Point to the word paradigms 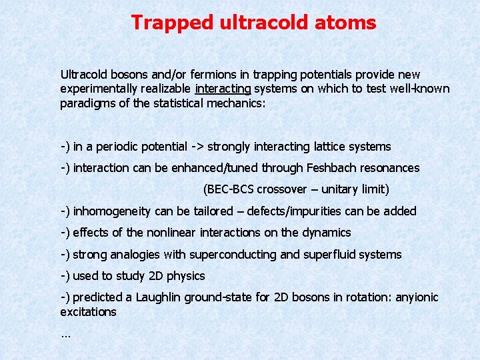pos(85,103)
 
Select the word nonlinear pos(178,233)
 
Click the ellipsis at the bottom pos(65,335)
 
